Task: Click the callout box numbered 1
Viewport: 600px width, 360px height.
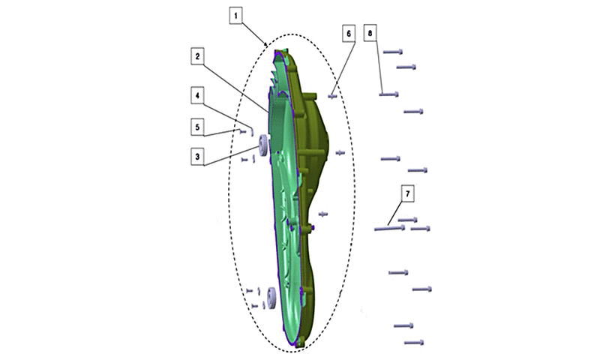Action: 235,16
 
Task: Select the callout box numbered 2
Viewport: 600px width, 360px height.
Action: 197,56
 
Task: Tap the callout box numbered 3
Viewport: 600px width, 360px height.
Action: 197,157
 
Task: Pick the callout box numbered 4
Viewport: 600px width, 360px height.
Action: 197,96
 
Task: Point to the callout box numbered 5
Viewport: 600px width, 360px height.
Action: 197,127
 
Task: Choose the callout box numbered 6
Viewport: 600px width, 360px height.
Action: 349,34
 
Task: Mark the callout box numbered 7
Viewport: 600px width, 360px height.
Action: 407,194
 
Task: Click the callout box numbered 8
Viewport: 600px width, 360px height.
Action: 370,33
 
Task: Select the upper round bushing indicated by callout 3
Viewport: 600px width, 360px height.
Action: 262,145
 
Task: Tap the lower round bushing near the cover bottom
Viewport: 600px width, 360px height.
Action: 272,298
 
